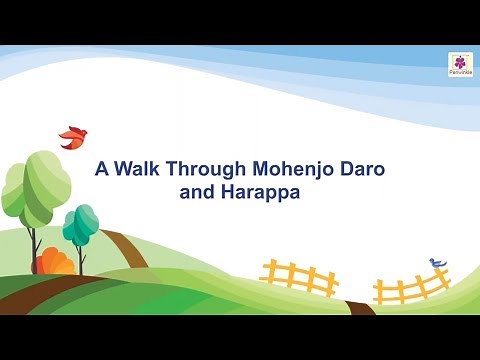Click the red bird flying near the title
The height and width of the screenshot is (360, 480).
click(73, 136)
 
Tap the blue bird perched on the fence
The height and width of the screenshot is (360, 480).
click(437, 263)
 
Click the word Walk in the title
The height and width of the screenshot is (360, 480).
click(136, 170)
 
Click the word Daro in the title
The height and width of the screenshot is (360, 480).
click(363, 170)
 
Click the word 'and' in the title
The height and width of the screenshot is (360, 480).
click(195, 193)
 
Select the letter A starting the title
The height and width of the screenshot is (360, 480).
click(100, 170)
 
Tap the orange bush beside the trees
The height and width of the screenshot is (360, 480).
click(55, 264)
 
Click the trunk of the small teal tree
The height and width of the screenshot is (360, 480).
click(81, 259)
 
